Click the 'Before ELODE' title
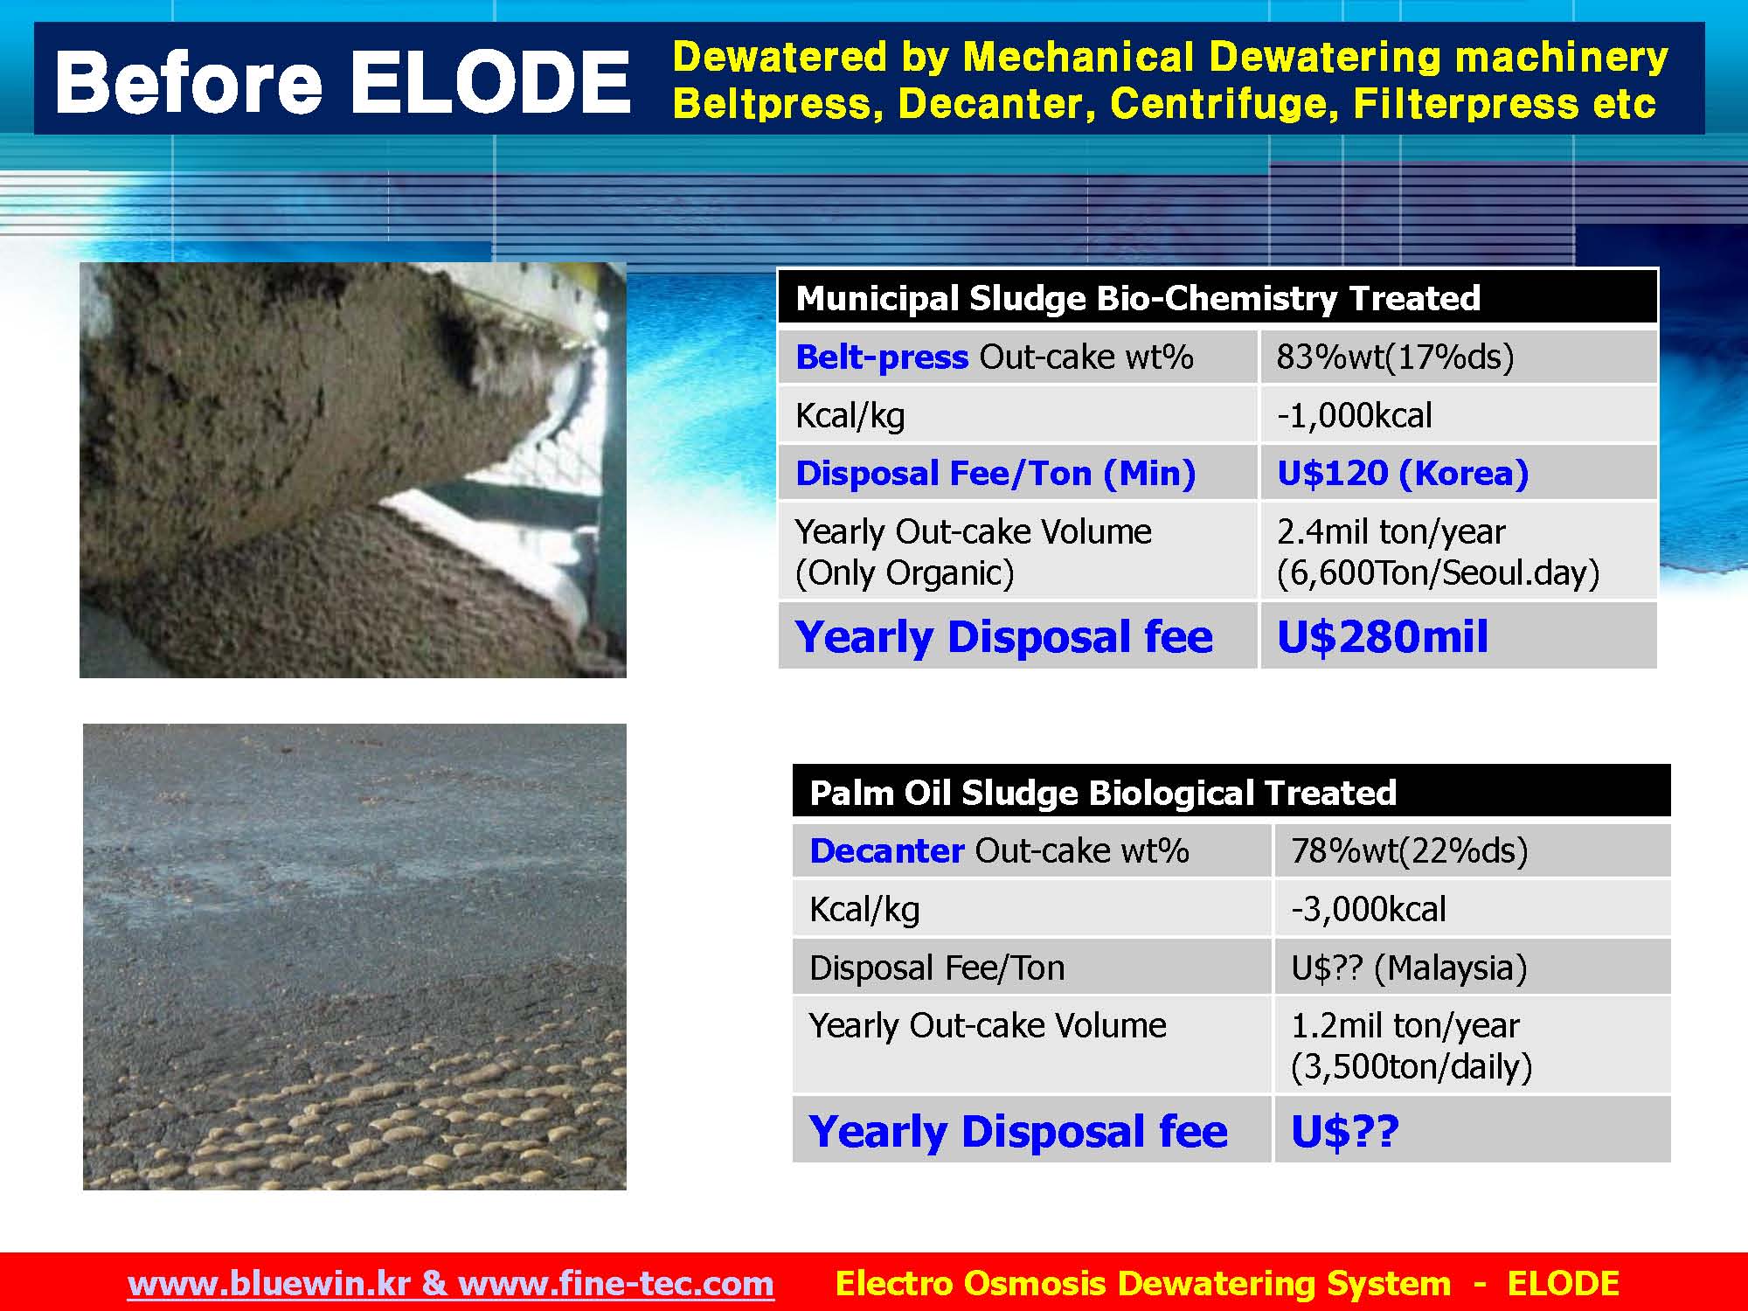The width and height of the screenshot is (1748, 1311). click(x=342, y=81)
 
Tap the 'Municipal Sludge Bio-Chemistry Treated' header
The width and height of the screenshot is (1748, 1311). click(x=1138, y=298)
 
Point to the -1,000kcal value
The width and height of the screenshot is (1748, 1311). click(x=1354, y=415)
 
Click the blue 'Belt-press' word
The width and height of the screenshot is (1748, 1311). click(x=882, y=357)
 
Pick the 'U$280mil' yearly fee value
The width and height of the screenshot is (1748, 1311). click(x=1383, y=635)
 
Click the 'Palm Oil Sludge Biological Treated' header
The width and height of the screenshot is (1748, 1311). click(x=1103, y=793)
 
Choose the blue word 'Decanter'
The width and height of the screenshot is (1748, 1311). click(x=886, y=850)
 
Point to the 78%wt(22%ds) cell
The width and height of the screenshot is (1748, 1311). click(x=1410, y=850)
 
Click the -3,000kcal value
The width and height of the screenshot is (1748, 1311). click(x=1369, y=909)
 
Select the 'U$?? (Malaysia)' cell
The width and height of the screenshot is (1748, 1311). click(x=1409, y=968)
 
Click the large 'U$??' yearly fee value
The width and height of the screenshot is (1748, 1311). click(x=1345, y=1131)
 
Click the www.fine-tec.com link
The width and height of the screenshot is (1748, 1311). click(x=615, y=1283)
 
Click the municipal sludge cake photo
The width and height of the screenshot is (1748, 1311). click(x=353, y=470)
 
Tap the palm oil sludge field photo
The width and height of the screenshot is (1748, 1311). click(x=355, y=956)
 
